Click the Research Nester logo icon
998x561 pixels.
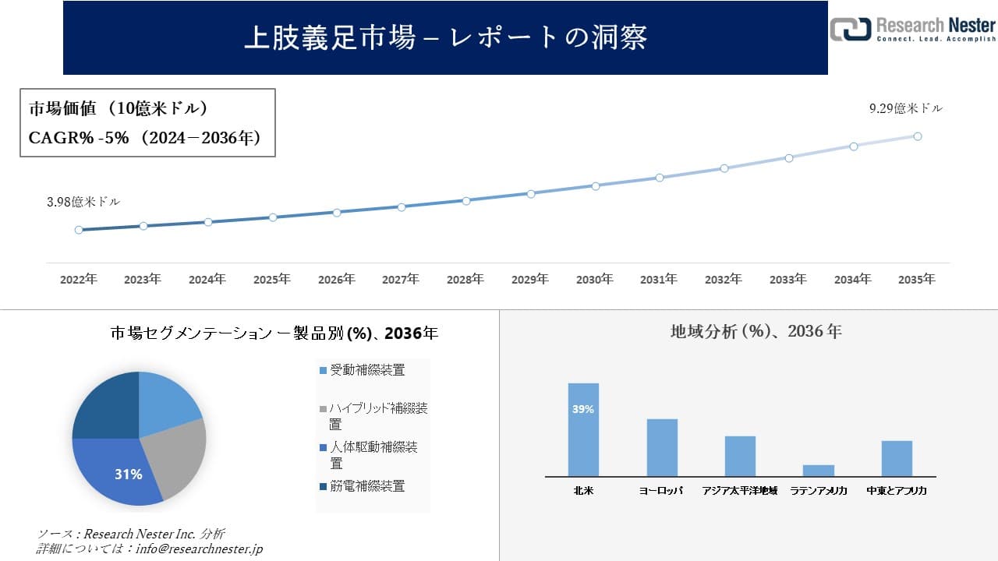(x=849, y=29)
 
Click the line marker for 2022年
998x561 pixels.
(x=79, y=230)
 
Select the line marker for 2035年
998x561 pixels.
(x=918, y=136)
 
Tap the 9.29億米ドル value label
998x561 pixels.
(x=906, y=109)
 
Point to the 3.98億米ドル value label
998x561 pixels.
(x=83, y=202)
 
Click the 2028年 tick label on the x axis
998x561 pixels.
(x=465, y=279)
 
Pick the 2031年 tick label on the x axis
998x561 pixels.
(x=659, y=279)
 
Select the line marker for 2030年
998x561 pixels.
(x=596, y=185)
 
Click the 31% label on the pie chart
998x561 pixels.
(x=128, y=474)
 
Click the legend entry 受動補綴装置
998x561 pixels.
(x=367, y=370)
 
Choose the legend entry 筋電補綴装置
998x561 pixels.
(x=367, y=486)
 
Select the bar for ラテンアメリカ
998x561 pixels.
(x=818, y=471)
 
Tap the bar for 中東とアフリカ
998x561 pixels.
(x=897, y=458)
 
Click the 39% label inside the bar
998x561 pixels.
(x=583, y=409)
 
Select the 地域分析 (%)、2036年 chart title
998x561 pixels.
(x=756, y=331)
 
